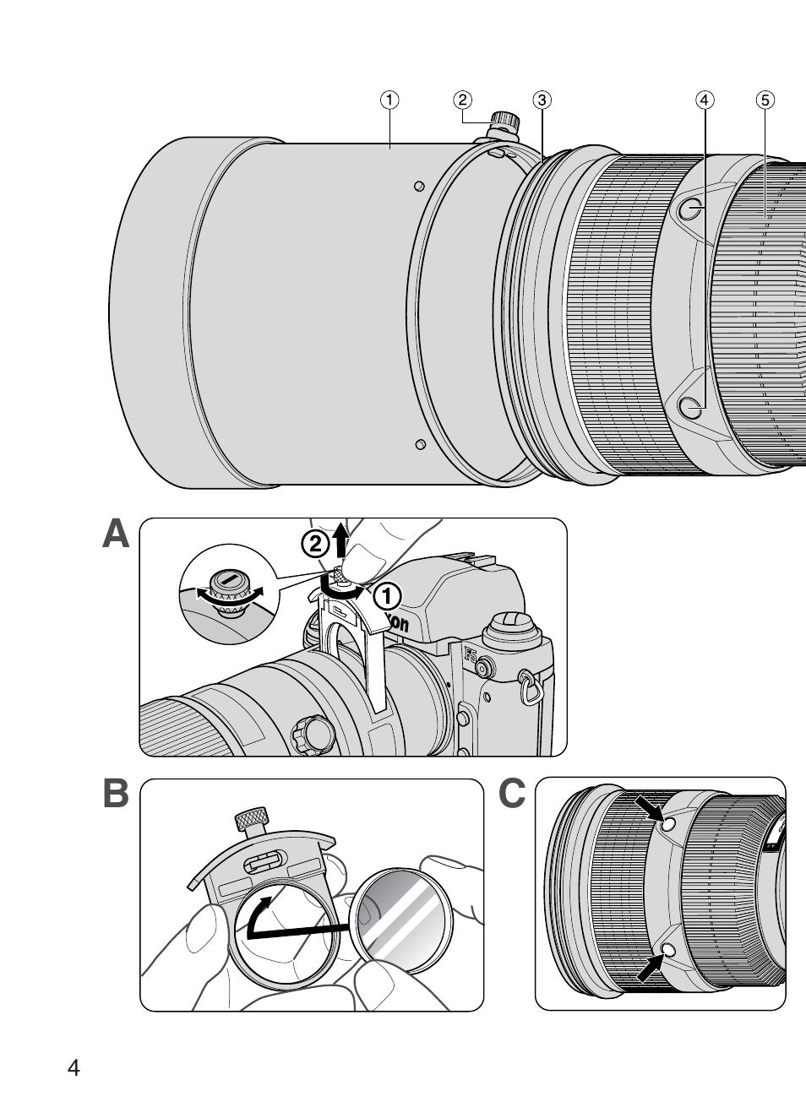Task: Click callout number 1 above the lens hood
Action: (x=389, y=100)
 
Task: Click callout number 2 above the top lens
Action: (x=462, y=100)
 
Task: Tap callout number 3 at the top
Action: (x=542, y=100)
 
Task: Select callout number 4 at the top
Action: (x=704, y=100)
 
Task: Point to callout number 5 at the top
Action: (x=764, y=100)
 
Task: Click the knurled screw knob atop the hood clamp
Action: (x=507, y=120)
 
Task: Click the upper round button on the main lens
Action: (x=692, y=210)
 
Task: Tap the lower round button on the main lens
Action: (x=692, y=410)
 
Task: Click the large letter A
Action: (x=116, y=534)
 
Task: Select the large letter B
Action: (x=116, y=795)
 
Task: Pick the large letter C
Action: (x=512, y=795)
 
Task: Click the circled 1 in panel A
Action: (x=386, y=597)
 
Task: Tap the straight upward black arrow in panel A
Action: (x=340, y=539)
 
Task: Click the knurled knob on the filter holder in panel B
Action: (x=252, y=817)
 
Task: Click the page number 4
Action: (x=74, y=1067)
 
